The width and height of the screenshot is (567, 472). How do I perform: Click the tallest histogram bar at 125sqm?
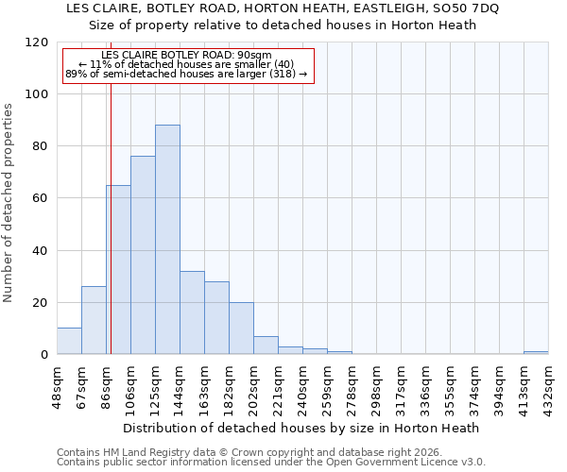click(x=167, y=240)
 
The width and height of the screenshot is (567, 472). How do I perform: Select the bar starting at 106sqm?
click(x=143, y=255)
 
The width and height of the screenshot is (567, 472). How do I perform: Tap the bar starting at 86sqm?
click(x=118, y=270)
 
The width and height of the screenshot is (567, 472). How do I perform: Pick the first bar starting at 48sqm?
click(x=69, y=342)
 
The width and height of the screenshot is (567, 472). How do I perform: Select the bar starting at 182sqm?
click(x=241, y=329)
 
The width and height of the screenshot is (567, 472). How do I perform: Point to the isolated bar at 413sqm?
click(x=536, y=352)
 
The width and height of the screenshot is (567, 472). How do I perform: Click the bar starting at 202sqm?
click(x=266, y=346)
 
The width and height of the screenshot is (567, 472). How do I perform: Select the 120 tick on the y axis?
click(x=38, y=42)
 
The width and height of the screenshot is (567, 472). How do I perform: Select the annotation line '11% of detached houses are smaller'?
click(x=187, y=64)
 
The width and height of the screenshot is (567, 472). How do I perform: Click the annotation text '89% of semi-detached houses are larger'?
click(x=187, y=74)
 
